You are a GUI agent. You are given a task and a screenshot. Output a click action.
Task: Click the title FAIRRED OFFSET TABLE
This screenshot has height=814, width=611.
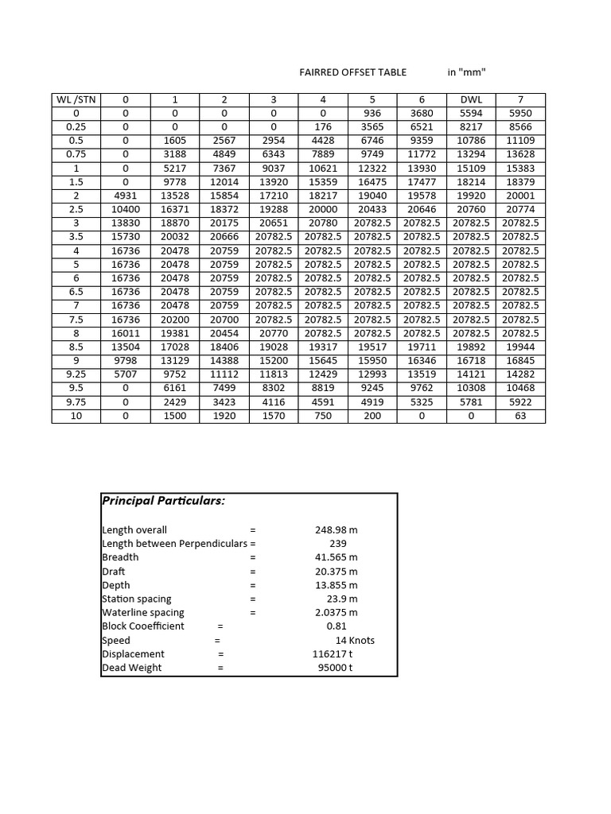click(352, 72)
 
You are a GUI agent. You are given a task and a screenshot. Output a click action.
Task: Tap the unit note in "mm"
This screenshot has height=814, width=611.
click(466, 72)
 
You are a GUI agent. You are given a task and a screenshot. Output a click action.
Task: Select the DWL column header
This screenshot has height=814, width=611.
click(471, 99)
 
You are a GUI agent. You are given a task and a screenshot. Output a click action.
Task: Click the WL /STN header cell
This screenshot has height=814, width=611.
click(76, 99)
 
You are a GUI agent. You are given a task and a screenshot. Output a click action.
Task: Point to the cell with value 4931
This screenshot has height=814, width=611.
click(125, 196)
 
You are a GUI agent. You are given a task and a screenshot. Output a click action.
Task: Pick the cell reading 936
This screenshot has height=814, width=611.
click(372, 113)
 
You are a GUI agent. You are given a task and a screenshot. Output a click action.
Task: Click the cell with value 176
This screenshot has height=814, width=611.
click(322, 126)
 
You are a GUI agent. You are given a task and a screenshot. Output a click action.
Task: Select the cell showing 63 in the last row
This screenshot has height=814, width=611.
click(520, 416)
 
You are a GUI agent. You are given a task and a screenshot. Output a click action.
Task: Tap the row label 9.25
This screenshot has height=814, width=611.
click(76, 374)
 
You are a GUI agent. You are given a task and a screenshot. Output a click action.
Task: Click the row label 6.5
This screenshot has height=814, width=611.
click(76, 292)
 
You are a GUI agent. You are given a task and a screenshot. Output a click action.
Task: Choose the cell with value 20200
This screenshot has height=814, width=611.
click(174, 320)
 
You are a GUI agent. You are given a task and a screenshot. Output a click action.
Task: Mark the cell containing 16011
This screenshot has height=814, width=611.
click(125, 333)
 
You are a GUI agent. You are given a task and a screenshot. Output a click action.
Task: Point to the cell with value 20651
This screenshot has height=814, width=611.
click(273, 223)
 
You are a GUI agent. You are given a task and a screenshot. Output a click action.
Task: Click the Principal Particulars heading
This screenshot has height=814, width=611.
click(163, 501)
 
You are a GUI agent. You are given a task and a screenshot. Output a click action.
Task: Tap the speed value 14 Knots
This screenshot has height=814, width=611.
click(355, 640)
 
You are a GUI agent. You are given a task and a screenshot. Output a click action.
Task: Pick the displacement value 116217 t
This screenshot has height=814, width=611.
click(333, 654)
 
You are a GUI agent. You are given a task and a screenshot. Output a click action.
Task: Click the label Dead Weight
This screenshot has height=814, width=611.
click(131, 668)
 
